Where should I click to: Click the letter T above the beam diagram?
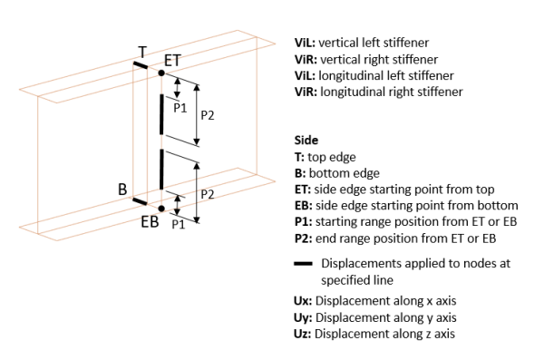[142, 53]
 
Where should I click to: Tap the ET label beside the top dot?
[172, 61]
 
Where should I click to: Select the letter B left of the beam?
[122, 190]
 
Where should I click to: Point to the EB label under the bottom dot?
[150, 221]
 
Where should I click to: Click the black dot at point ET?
[161, 73]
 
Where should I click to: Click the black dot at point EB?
[161, 209]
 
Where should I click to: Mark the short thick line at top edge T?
[141, 65]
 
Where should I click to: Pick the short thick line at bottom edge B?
[140, 201]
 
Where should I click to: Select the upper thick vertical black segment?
[161, 114]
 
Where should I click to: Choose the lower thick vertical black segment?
[161, 169]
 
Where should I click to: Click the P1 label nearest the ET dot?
[180, 108]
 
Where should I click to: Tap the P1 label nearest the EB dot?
[179, 224]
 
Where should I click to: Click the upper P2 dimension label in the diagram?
[208, 115]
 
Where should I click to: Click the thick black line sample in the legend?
[303, 264]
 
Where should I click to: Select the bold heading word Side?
[306, 141]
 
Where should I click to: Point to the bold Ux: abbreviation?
[303, 301]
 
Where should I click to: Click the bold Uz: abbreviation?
[303, 334]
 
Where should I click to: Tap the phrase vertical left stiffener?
[374, 43]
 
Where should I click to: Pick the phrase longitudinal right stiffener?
[392, 92]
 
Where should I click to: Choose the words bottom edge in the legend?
[345, 173]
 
